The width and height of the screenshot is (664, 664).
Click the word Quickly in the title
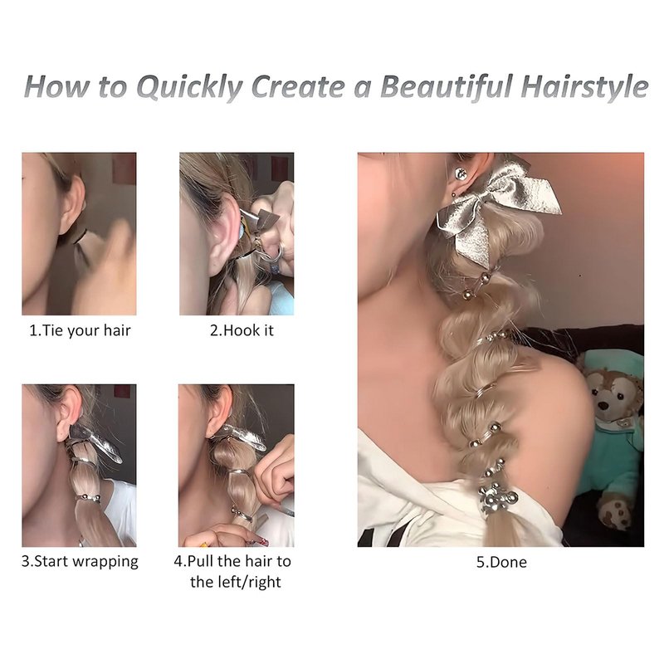189,88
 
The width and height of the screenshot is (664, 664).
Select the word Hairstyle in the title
585,88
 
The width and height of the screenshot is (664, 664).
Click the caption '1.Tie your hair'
80,330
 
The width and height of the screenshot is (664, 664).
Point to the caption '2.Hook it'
242,330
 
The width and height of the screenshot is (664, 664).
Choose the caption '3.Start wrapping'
80,562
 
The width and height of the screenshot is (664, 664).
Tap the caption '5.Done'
501,562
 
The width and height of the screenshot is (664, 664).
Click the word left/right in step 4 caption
236,582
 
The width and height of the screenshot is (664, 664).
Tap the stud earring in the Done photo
461,173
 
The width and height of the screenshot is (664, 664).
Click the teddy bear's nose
604,405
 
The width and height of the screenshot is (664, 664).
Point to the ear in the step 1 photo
71,203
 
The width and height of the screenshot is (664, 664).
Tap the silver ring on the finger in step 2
275,254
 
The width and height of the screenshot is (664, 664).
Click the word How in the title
56,86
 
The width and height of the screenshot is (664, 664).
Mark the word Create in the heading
298,86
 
